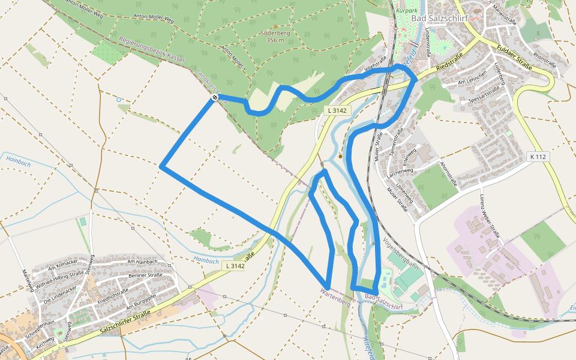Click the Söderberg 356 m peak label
pyautogui.click(x=275, y=36)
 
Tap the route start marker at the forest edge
pyautogui.click(x=214, y=98)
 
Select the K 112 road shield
pyautogui.click(x=539, y=156)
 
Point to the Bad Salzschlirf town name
pyautogui.click(x=439, y=19)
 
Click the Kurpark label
pyautogui.click(x=407, y=10)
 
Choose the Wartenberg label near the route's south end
pyautogui.click(x=335, y=294)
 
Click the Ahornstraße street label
pyautogui.click(x=448, y=173)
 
